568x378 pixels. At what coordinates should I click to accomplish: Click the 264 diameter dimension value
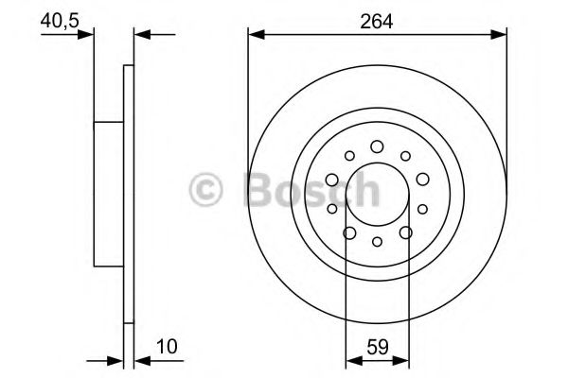coord(377,18)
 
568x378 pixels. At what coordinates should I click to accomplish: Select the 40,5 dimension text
coord(58,18)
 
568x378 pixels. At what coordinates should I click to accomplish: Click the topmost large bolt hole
coord(377,146)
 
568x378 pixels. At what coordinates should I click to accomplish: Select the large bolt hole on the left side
coord(332,180)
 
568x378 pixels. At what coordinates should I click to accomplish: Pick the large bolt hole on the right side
coord(421,180)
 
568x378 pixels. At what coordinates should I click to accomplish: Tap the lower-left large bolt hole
coord(349,232)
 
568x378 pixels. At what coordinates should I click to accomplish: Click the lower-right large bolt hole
coord(405,232)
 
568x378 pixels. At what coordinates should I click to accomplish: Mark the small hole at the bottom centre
coord(377,243)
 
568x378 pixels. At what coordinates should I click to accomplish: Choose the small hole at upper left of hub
coord(349,156)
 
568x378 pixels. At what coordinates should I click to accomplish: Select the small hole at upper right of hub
coord(405,156)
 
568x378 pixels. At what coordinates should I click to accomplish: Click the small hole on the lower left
coord(331,209)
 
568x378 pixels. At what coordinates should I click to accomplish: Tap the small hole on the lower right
coord(422,209)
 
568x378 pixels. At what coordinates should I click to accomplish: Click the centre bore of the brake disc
coord(377,194)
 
